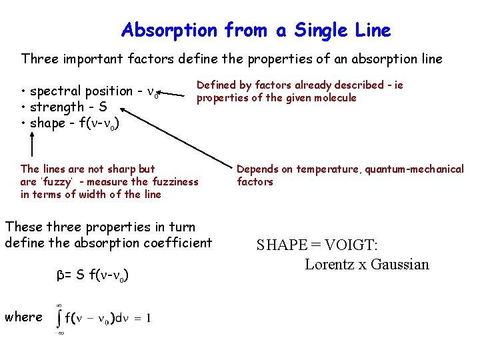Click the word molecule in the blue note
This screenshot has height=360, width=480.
point(335,98)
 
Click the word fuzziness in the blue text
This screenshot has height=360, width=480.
point(165,182)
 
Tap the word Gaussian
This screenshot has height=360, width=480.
point(401,264)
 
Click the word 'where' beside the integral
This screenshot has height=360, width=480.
point(23,317)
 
